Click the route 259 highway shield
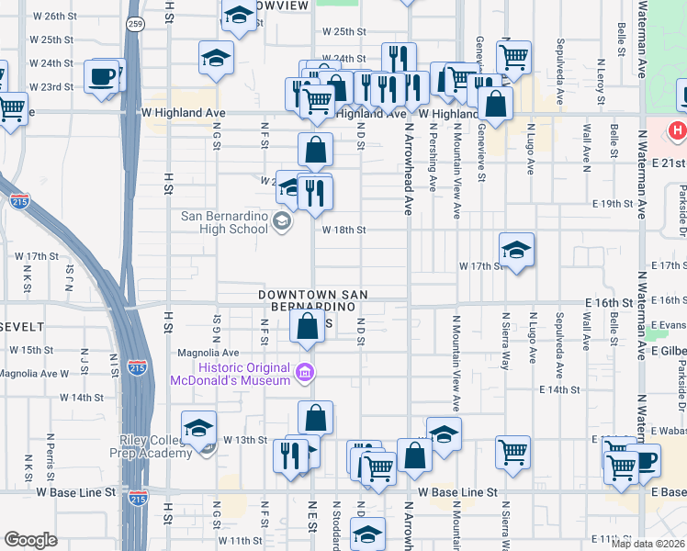click(x=135, y=25)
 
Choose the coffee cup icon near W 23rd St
click(x=102, y=75)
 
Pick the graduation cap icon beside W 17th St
click(x=516, y=249)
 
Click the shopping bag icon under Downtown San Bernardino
click(x=308, y=326)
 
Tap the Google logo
click(x=30, y=539)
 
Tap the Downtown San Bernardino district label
click(x=313, y=299)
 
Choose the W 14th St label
click(x=82, y=398)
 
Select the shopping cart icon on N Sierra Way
click(x=512, y=451)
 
